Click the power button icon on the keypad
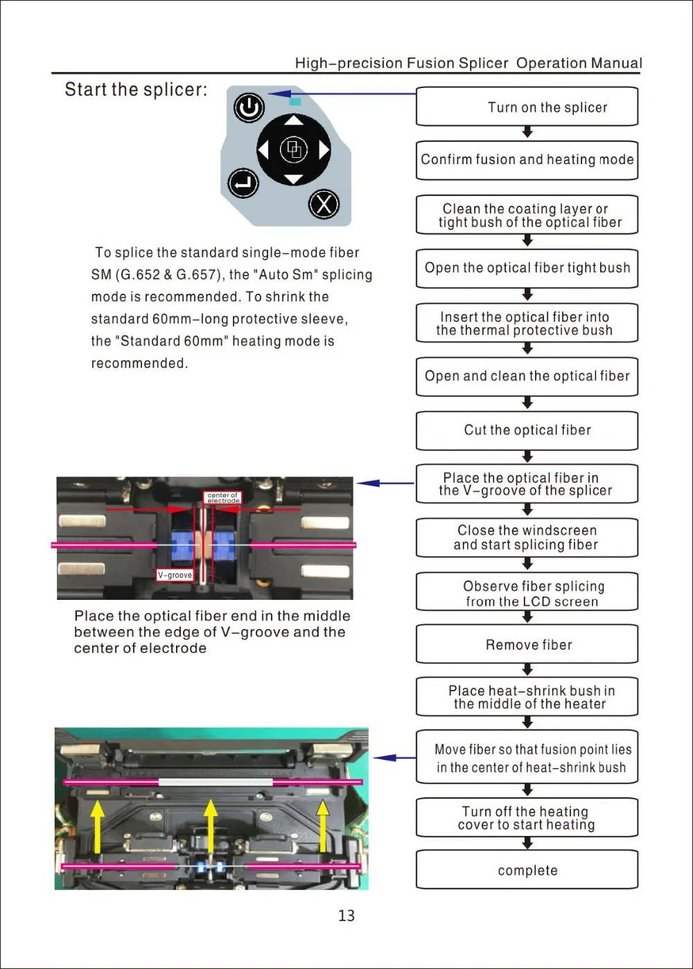[249, 108]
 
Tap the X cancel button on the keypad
[324, 204]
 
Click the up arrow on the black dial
[295, 121]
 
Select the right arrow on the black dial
[324, 150]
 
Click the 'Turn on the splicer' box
[527, 107]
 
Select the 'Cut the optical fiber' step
[527, 430]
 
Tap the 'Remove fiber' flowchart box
[527, 645]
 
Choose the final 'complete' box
[527, 871]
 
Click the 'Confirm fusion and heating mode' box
[527, 160]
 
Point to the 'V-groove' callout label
[175, 575]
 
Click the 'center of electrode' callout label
[222, 497]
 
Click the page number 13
[346, 916]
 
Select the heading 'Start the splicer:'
[136, 90]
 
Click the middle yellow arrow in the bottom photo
[211, 826]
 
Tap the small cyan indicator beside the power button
[295, 101]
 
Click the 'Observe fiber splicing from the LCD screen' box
[527, 593]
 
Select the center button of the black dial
[295, 150]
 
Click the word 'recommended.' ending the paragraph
[139, 364]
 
